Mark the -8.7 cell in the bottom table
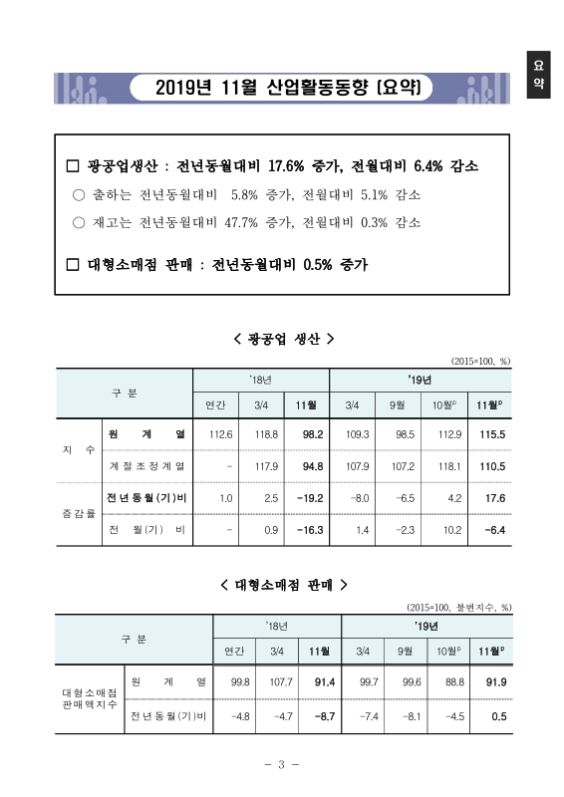click(x=318, y=714)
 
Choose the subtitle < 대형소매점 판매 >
click(x=282, y=585)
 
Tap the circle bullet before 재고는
click(x=80, y=222)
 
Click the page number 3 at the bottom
click(x=282, y=765)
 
